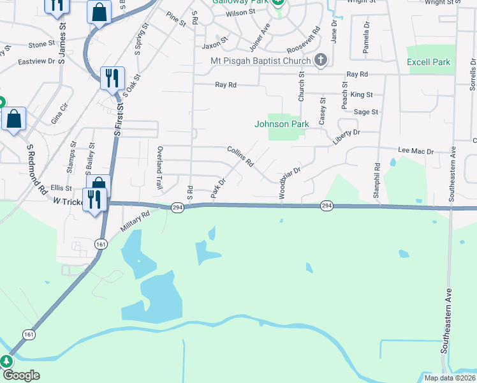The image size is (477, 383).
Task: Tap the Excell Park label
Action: pos(429,62)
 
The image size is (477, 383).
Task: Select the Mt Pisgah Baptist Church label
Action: pos(260,61)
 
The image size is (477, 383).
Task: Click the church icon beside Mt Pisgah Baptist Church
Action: pos(321,61)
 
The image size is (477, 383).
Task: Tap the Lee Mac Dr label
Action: pos(416,151)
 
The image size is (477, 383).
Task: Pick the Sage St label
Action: pos(366,112)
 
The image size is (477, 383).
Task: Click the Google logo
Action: pos(20,375)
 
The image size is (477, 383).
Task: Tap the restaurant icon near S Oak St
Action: pos(112,79)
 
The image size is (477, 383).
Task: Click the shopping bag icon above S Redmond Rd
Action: pos(13,119)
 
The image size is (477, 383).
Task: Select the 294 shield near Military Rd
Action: pos(177,207)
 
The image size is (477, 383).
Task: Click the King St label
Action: pos(362,94)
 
